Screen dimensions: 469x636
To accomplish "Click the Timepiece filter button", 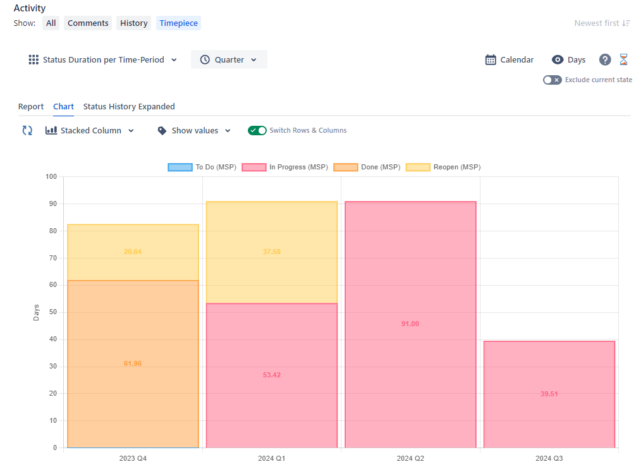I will click(178, 23).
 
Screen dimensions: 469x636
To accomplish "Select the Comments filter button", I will click(88, 23).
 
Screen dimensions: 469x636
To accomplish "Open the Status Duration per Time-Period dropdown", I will click(103, 60).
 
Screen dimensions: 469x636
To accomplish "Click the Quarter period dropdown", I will click(229, 60).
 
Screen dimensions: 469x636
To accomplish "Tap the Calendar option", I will click(510, 60).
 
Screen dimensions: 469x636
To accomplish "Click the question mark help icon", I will click(605, 60).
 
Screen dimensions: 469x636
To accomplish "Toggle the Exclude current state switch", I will click(552, 80).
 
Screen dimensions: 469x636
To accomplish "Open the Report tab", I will click(31, 107).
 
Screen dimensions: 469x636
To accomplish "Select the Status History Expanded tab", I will click(129, 107).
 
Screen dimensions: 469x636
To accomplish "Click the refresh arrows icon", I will click(27, 131).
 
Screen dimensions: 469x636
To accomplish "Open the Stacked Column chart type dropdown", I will click(90, 131).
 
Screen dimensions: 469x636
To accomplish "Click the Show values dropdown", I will click(194, 131).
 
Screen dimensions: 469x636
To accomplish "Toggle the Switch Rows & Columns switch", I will click(257, 131).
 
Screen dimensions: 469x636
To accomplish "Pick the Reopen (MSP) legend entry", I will click(443, 167).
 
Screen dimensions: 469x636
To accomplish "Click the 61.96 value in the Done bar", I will click(133, 364).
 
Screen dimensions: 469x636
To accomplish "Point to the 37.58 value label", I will click(271, 252).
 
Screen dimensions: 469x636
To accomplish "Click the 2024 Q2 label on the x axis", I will click(410, 458).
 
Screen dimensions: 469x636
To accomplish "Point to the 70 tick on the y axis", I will click(52, 258).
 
